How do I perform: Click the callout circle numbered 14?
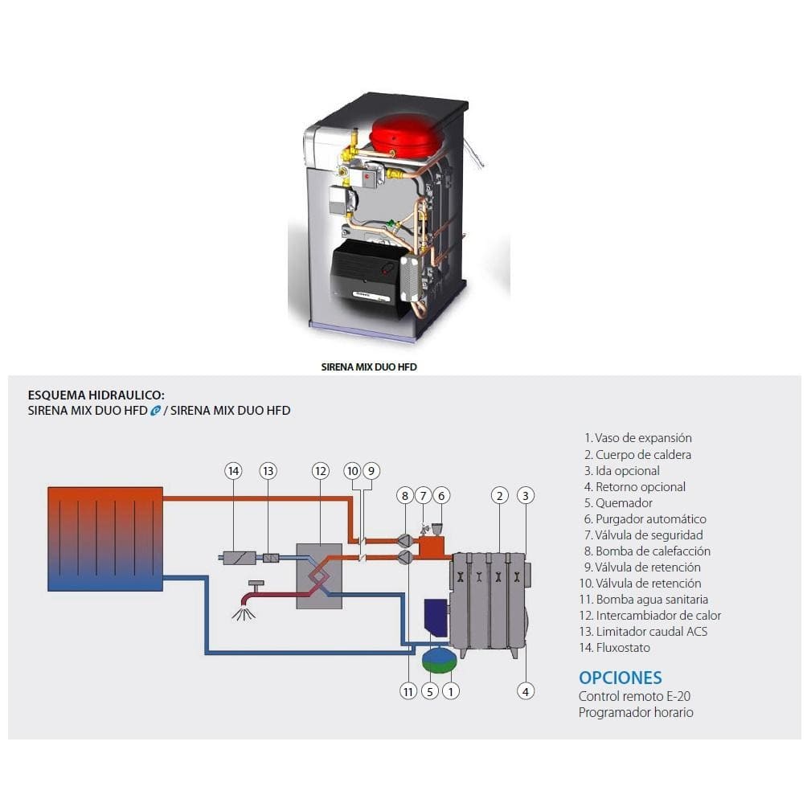point(233,471)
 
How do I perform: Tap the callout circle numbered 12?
point(320,471)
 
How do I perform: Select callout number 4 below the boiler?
point(526,691)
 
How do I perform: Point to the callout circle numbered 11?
point(408,691)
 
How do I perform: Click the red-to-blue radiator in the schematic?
point(105,539)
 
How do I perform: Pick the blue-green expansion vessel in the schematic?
point(439,659)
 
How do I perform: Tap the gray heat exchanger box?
point(319,576)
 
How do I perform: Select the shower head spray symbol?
point(244,613)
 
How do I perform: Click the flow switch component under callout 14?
point(240,557)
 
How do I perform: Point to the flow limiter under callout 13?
point(271,557)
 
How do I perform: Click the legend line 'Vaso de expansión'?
point(637,438)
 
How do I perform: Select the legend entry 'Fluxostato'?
point(615,648)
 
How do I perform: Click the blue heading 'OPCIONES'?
point(621,678)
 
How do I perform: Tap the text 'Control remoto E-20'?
point(634,696)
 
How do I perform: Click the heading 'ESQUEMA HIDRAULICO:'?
point(96,395)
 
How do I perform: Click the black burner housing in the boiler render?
point(367,278)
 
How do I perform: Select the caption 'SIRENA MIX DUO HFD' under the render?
point(369,367)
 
